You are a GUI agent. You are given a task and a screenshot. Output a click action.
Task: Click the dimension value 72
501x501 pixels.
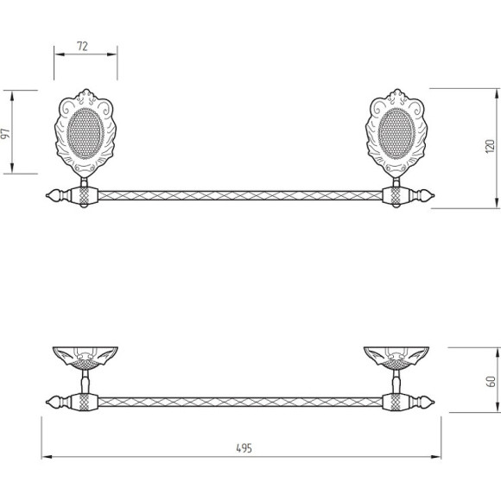coord(82,47)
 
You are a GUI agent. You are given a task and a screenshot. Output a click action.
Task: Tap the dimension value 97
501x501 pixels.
coord(6,134)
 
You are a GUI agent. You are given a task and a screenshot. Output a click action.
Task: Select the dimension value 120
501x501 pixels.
coord(490,146)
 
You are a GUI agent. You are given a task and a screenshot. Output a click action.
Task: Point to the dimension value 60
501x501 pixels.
coord(491,382)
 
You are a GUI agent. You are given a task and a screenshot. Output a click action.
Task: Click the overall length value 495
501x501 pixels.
coord(244,448)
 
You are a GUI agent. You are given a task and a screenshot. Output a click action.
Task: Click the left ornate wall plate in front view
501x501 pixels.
coord(86,133)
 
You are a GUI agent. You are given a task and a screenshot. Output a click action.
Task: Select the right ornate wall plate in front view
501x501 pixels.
coord(396,133)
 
